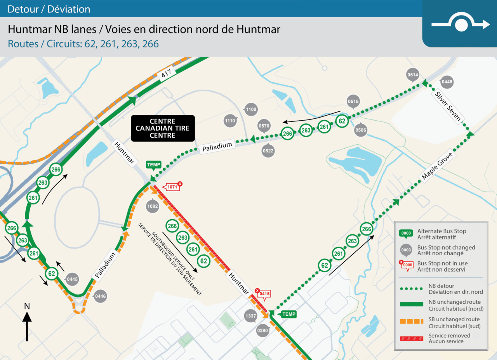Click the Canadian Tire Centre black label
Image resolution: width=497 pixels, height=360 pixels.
click(162, 128)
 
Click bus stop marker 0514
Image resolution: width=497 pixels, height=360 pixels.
click(413, 75)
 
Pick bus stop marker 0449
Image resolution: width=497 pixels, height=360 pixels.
click(447, 82)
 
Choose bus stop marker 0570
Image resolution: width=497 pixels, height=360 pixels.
click(264, 126)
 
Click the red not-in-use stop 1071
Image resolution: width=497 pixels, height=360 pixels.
click(172, 187)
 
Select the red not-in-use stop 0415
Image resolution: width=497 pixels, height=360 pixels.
click(264, 294)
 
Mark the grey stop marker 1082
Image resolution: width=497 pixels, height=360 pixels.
click(153, 206)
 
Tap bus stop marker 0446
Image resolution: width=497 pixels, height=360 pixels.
click(100, 296)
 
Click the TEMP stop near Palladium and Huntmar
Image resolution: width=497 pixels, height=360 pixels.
click(153, 165)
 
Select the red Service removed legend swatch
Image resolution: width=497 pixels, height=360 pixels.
click(412, 338)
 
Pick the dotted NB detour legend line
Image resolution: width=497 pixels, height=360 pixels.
click(412, 289)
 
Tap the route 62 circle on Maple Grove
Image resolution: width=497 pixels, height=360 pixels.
click(324, 266)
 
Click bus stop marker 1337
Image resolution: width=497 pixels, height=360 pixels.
click(251, 316)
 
